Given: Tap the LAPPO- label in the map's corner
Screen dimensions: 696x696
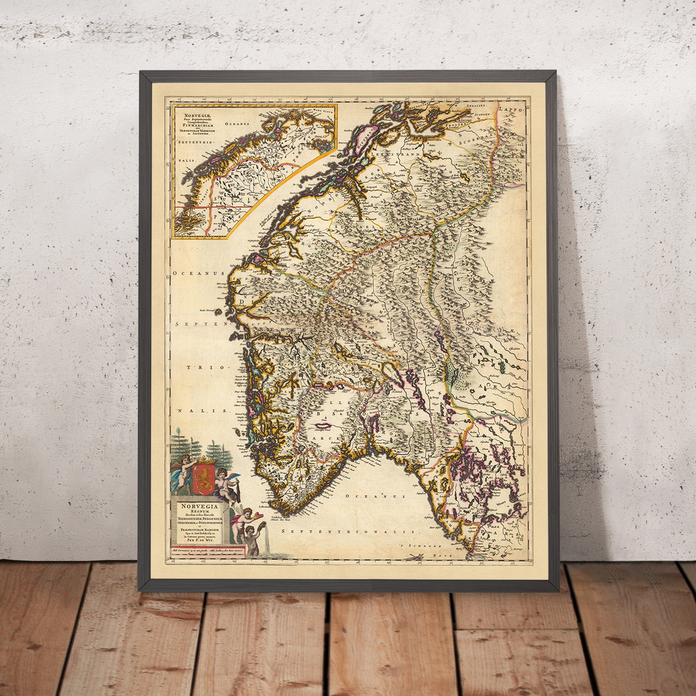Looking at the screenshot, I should [510, 109].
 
